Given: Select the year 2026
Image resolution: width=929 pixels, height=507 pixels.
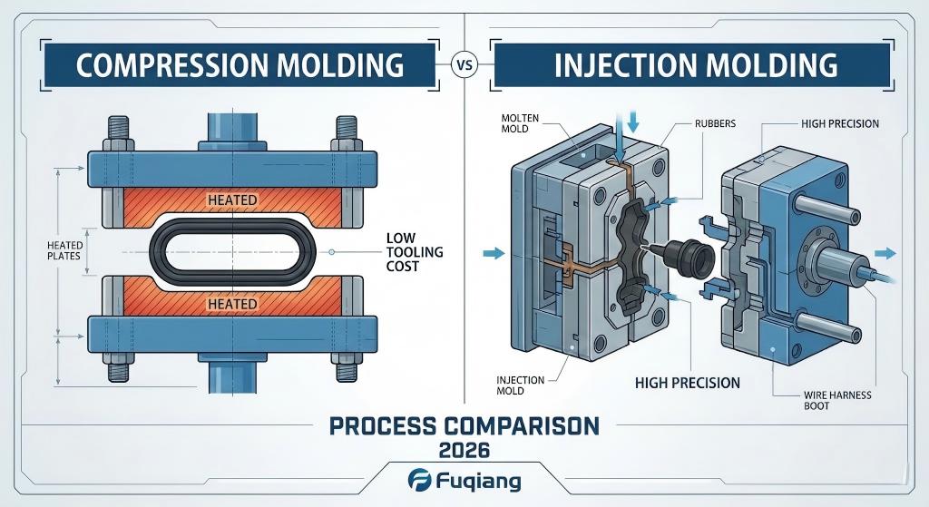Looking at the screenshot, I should click(464, 449).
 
